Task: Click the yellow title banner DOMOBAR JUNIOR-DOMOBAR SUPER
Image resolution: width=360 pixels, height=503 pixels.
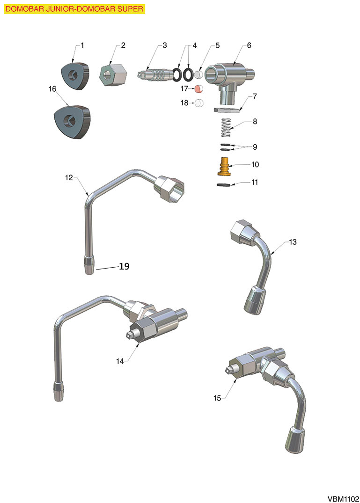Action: [74, 9]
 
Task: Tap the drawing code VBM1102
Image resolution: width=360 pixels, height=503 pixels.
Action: [343, 499]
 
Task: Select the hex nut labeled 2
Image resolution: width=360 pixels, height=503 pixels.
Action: [114, 75]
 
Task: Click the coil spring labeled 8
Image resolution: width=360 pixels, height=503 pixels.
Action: [227, 127]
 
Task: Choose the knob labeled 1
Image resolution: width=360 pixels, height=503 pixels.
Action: [75, 75]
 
